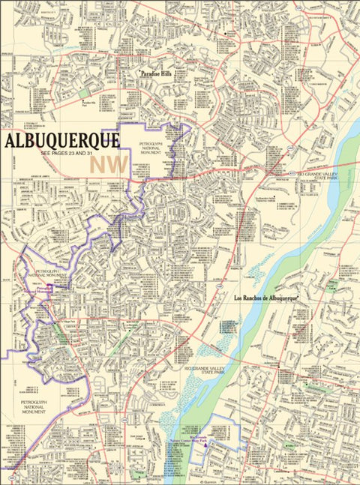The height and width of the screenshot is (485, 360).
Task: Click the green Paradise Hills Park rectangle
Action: pyautogui.click(x=84, y=93)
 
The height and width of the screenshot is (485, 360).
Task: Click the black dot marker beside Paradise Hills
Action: pyautogui.click(x=139, y=73)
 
